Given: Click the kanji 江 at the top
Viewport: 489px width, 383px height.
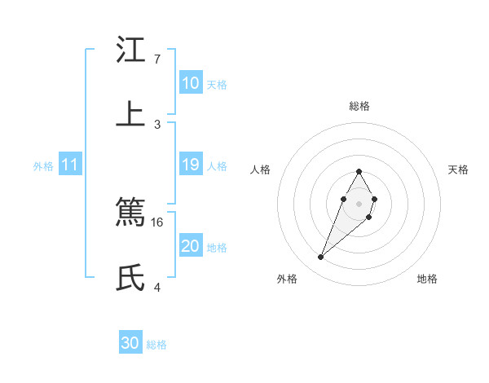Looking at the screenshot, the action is coord(131,51).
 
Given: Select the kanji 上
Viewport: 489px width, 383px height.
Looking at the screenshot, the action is coord(131,114).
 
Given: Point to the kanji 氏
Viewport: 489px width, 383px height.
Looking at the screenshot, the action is coord(131,278).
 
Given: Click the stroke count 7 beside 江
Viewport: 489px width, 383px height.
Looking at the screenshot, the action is coord(156,59).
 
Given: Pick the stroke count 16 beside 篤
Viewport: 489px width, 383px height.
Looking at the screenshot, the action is coord(158,222).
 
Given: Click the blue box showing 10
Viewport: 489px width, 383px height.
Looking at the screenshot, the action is coord(191,83).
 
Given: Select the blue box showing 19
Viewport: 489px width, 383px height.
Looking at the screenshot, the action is coord(191,165).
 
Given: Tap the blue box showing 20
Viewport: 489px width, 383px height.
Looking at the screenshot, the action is coord(191,246).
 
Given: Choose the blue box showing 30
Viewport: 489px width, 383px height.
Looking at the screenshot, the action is coord(130,343).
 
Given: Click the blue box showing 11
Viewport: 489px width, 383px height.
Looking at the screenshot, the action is coord(70,165).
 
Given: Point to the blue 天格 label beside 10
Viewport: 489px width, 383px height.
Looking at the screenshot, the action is coord(217,84).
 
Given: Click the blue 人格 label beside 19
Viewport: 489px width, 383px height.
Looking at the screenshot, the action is coord(217,165).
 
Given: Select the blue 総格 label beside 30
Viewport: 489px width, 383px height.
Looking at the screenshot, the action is coord(156,345).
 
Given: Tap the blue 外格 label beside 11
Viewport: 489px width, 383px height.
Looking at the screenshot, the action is coord(43,165).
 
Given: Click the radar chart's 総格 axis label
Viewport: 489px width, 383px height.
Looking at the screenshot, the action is coord(359,106).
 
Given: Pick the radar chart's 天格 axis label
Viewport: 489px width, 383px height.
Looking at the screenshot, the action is coord(459,169).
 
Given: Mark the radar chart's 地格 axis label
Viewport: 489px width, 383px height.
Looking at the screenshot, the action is coord(427,279).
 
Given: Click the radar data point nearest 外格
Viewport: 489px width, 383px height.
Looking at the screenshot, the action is coord(321,258).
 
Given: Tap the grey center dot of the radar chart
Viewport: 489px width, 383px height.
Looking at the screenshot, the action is coord(359,202).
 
